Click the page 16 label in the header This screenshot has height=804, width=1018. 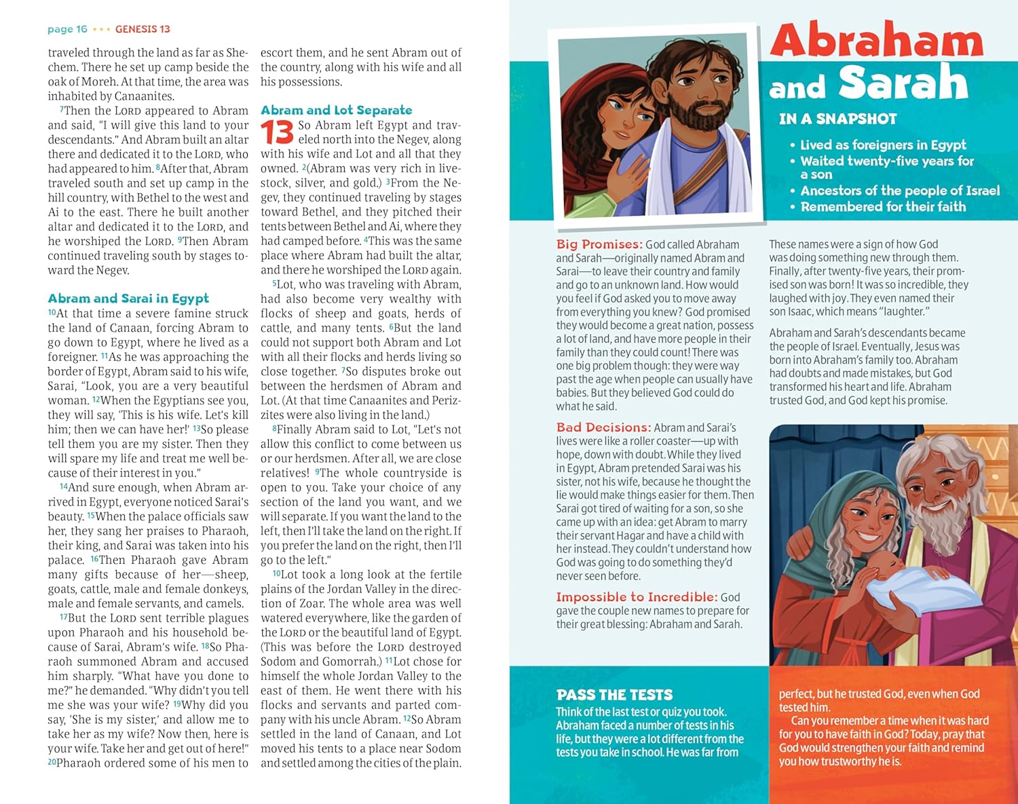coord(67,29)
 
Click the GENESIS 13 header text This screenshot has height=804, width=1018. coord(143,29)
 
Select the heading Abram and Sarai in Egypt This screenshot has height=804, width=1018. coord(128,299)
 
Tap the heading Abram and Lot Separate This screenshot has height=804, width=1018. coord(336,110)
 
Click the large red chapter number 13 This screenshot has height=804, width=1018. coord(277,132)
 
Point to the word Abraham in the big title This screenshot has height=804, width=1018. coord(876,41)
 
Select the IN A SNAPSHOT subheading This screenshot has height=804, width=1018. coord(837,119)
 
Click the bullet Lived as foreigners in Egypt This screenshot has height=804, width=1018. coord(882,145)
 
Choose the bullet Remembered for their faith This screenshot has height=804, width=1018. coord(882,207)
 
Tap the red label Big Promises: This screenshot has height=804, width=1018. coord(599,244)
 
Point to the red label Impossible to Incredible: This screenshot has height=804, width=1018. coord(636,597)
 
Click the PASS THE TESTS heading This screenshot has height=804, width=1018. coord(614,695)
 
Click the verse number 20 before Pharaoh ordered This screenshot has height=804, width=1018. coord(52,763)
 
